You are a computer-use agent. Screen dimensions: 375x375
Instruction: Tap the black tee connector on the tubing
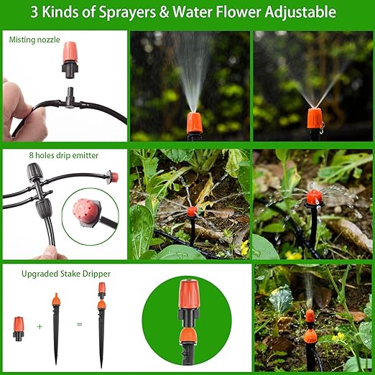69,98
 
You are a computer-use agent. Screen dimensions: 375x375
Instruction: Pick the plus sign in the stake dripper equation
39,325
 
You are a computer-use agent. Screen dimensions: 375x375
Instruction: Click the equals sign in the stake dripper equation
79,325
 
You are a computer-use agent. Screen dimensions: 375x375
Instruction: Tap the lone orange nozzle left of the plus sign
19,327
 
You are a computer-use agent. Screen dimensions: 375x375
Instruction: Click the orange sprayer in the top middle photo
193,122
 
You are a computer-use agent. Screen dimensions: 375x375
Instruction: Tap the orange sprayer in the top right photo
315,118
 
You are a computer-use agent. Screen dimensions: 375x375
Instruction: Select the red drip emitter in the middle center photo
192,213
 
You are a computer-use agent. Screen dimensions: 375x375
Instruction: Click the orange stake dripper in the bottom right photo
310,327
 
